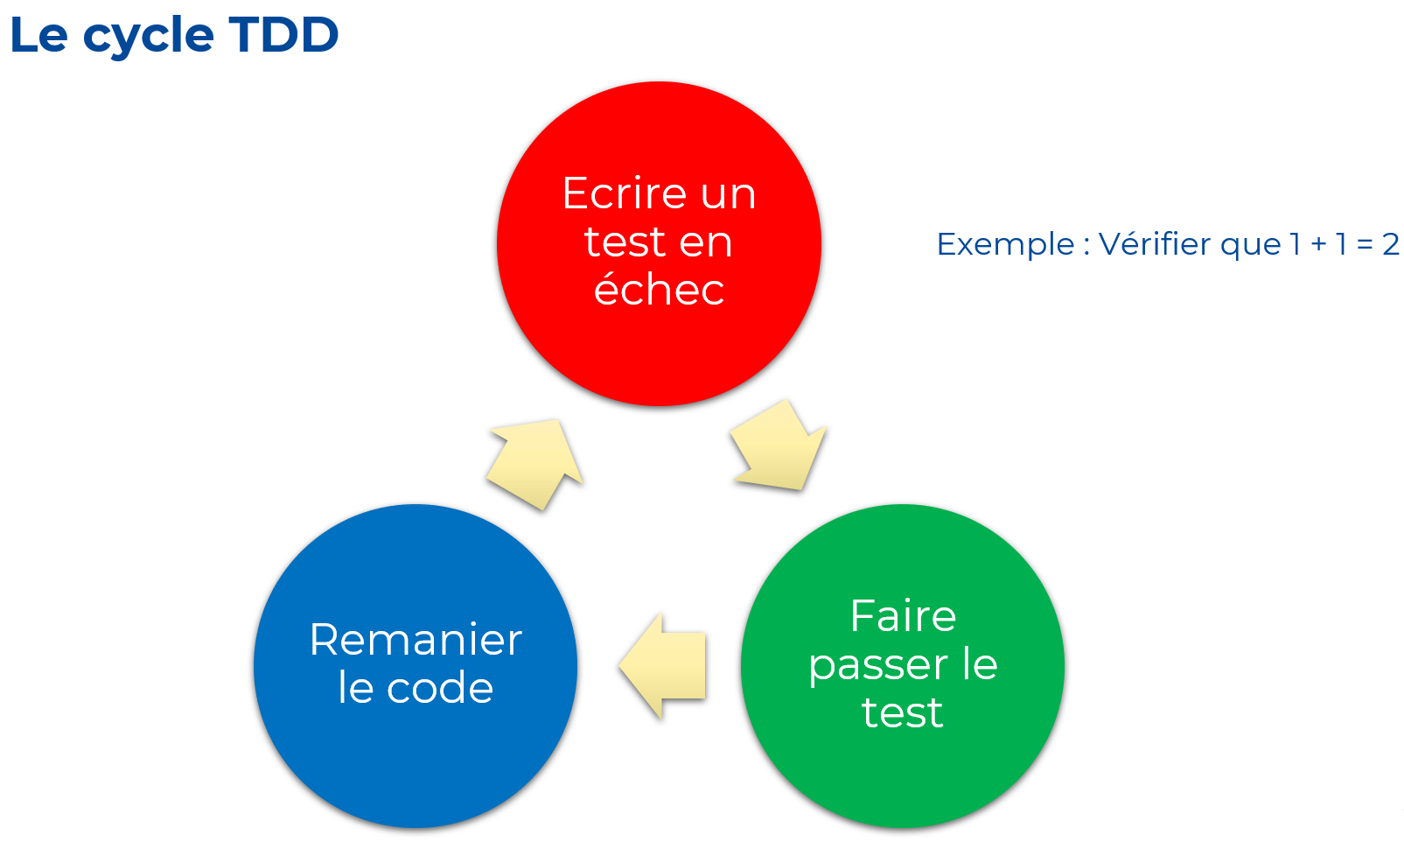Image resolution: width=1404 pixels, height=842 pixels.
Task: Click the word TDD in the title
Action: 284,34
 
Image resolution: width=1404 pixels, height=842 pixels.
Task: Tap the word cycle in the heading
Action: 149,38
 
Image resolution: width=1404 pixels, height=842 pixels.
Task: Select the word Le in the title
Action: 38,34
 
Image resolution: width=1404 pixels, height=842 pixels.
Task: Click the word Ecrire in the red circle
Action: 625,193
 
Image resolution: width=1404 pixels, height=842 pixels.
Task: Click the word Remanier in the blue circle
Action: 416,640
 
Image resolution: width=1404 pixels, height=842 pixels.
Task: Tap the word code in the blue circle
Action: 440,688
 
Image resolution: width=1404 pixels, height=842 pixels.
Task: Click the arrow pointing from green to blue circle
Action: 662,666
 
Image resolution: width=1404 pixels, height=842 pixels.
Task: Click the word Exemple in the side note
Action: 1006,244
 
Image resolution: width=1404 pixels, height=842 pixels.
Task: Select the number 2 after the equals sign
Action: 1391,244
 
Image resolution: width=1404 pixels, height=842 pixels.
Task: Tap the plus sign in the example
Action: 1319,244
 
